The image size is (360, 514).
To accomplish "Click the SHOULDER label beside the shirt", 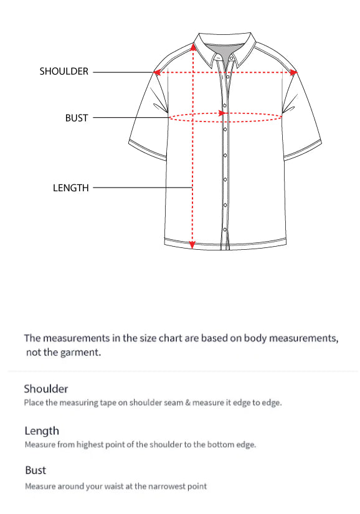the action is [64, 72].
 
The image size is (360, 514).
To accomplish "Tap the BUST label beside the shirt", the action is [77, 117].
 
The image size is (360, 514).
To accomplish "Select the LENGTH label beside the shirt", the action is [71, 188].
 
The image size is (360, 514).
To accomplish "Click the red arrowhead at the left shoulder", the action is [158, 72].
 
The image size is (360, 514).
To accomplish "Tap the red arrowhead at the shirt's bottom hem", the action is [192, 245].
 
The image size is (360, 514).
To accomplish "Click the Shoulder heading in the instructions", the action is [45, 389].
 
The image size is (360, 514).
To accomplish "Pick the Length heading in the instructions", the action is [42, 431].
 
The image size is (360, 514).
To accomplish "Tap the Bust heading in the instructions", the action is [36, 470].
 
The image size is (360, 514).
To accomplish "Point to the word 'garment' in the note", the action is [80, 353].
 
